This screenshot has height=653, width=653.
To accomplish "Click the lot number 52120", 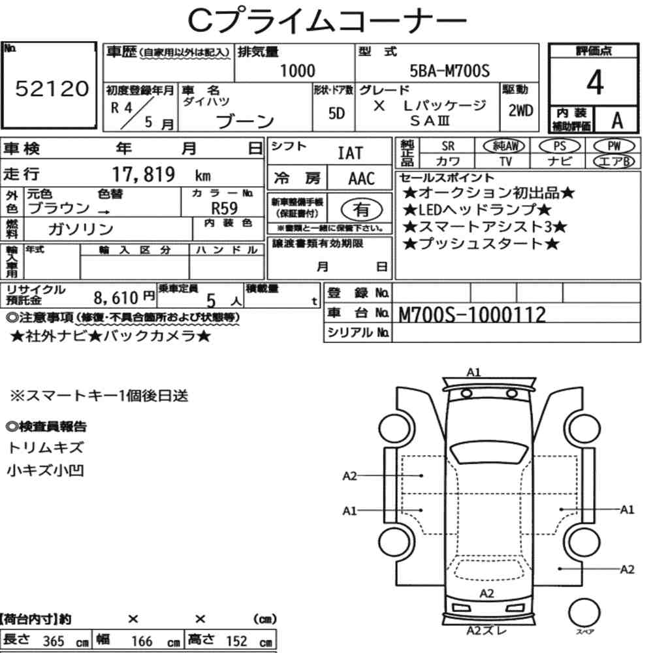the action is point(52,88).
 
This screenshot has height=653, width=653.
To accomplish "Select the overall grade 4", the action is point(595,82).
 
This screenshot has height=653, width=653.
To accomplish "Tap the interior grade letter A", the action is point(617,121).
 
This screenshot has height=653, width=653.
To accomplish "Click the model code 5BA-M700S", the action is point(450,71).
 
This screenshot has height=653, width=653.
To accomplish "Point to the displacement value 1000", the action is point(297,71).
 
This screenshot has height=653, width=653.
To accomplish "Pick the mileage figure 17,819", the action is point(144,174).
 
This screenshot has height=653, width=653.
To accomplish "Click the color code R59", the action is point(225,208).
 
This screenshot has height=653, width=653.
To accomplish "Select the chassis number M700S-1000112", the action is point(472,315).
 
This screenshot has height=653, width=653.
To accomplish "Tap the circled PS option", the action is point(560,146).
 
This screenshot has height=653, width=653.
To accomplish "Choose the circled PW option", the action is point(614,146).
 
